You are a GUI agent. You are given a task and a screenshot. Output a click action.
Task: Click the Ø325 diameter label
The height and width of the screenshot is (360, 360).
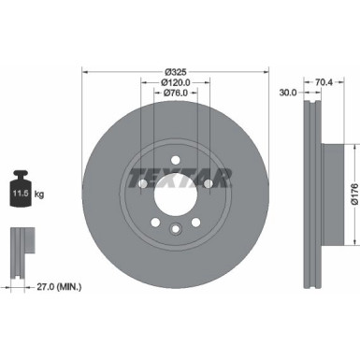pyautogui.click(x=175, y=71)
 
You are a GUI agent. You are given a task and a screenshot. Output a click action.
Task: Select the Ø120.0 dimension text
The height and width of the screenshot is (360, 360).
pyautogui.click(x=175, y=81)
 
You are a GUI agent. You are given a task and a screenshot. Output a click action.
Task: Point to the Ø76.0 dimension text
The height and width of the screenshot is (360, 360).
pyautogui.click(x=175, y=92)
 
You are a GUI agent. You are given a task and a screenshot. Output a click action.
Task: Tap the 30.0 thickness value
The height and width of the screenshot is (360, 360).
pyautogui.click(x=288, y=92)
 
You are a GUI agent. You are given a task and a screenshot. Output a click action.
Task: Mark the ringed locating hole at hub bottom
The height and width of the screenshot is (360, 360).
pyautogui.click(x=175, y=230)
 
